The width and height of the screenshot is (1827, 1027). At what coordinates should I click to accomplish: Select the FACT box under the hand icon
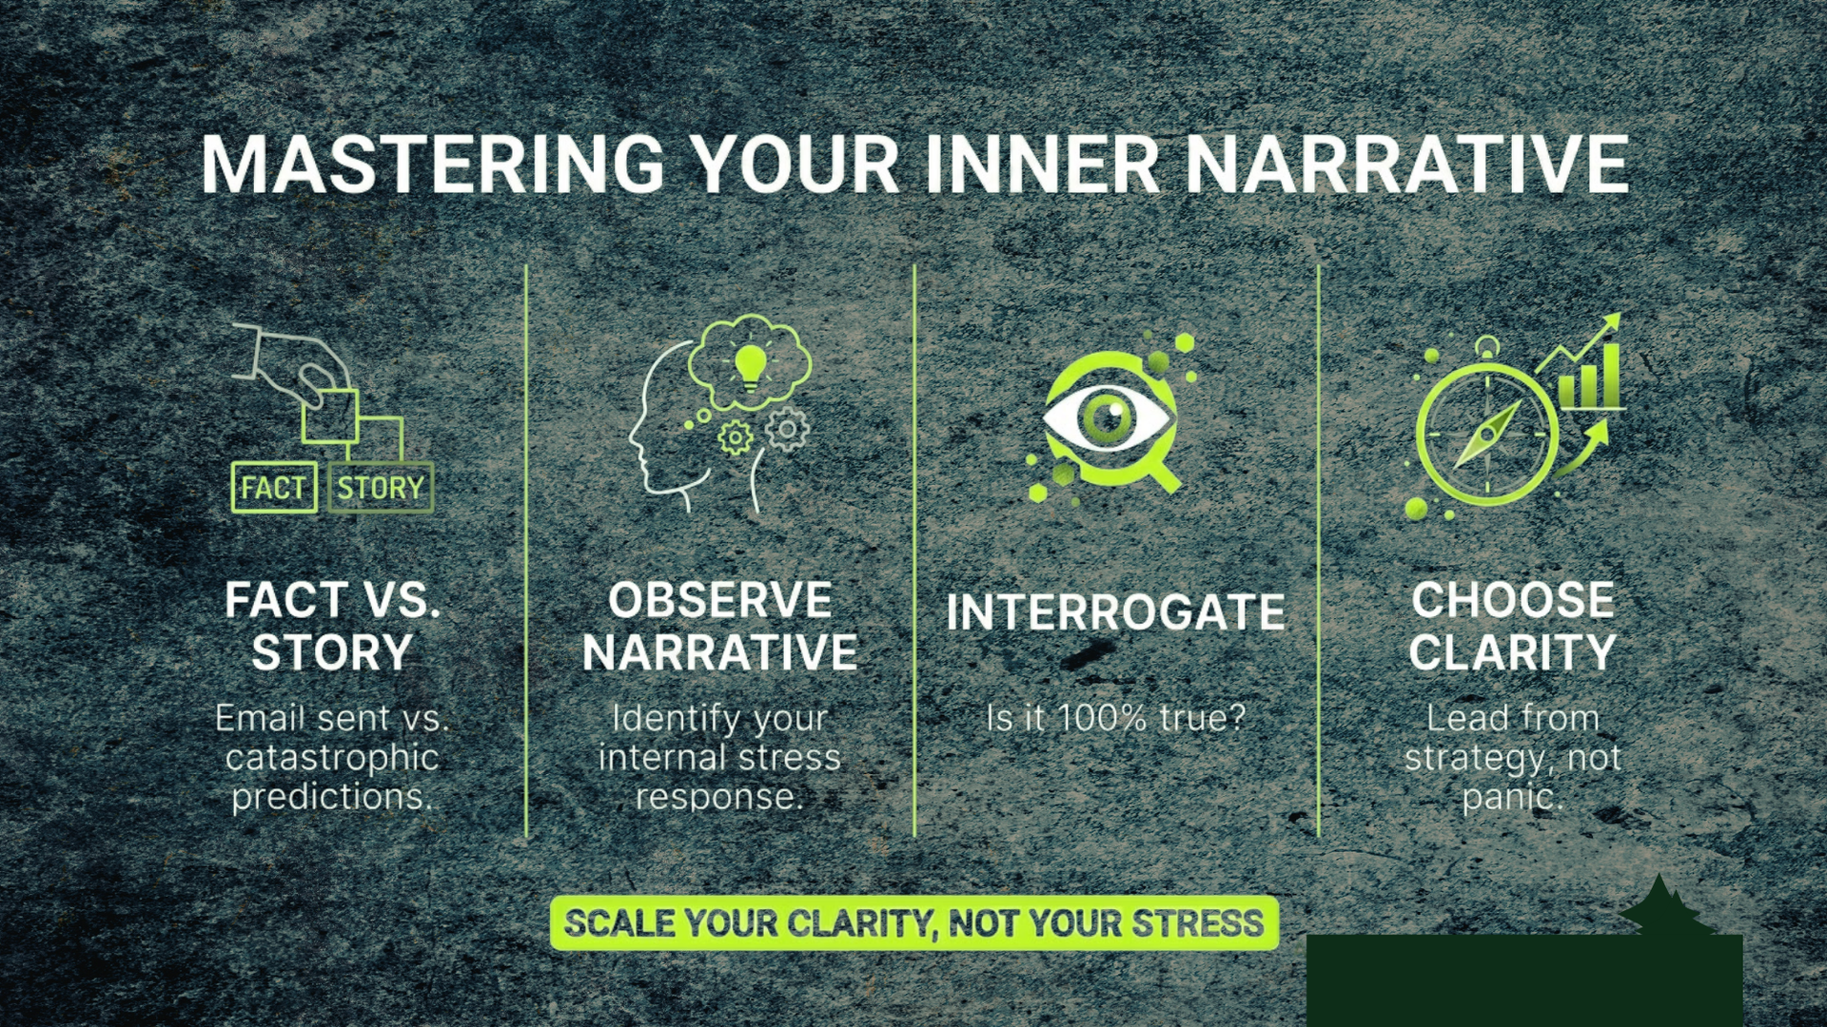(274, 488)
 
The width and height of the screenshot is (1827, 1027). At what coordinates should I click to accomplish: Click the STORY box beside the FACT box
(381, 488)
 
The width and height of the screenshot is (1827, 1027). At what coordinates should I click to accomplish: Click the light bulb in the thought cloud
(751, 364)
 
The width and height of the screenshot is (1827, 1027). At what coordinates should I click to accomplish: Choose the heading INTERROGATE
(1115, 613)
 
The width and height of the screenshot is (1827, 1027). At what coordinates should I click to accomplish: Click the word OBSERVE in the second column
(720, 601)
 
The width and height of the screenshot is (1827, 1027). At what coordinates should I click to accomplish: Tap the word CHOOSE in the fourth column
(1513, 601)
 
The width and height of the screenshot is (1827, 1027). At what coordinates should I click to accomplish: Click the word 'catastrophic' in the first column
(332, 758)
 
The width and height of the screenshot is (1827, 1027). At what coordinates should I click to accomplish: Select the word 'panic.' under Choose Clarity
(1513, 797)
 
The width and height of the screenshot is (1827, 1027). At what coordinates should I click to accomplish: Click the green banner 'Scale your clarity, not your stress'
(913, 923)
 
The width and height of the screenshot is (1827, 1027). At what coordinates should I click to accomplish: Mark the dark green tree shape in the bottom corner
(1660, 905)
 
